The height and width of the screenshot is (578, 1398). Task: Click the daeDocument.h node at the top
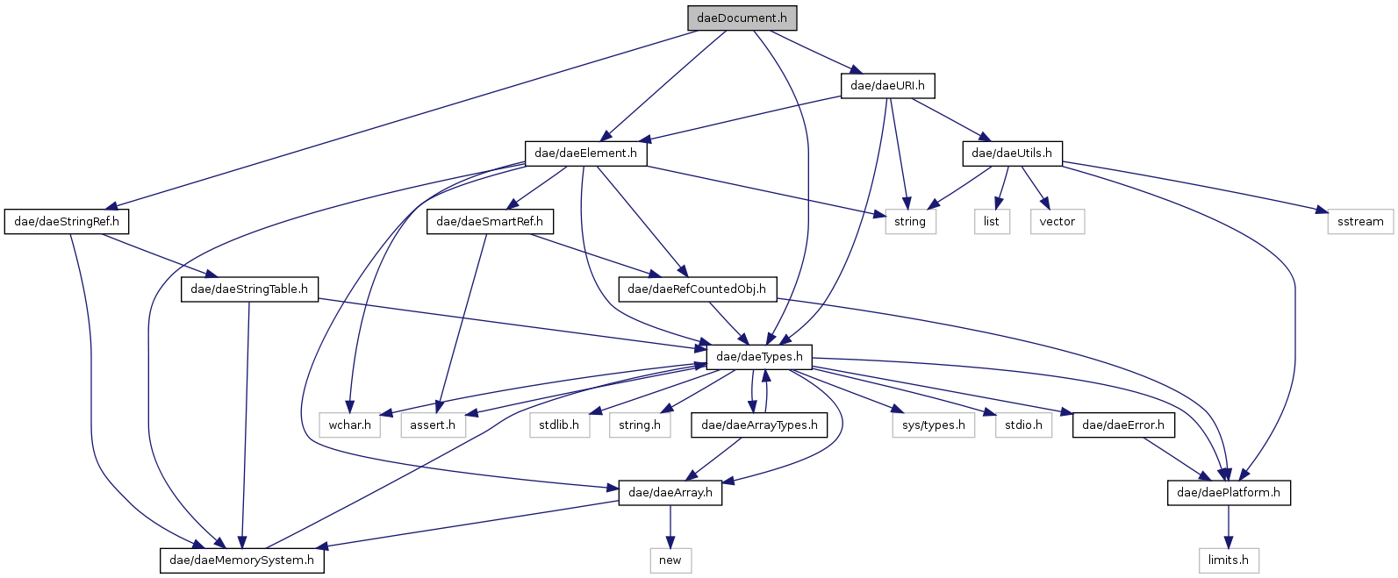click(742, 18)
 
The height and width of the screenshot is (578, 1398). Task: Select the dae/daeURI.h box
click(887, 85)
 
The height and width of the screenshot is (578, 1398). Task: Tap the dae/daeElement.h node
click(585, 153)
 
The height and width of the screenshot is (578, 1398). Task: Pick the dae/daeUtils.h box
click(1012, 153)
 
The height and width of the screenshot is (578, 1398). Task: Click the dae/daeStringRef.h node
click(67, 221)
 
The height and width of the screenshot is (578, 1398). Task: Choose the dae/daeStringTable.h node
click(249, 289)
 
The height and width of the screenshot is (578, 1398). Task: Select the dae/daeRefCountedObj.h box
click(697, 289)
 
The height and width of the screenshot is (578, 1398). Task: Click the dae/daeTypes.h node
click(759, 356)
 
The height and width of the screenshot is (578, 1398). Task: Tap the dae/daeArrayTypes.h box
click(759, 425)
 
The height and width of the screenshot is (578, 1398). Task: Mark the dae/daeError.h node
click(1123, 425)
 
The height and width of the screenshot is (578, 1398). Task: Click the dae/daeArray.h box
click(670, 492)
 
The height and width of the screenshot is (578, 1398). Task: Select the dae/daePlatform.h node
click(1228, 492)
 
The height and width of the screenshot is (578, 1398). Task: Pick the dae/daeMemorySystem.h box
click(241, 560)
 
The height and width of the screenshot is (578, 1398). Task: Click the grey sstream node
click(1360, 221)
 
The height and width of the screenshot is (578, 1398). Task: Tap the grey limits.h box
click(1228, 560)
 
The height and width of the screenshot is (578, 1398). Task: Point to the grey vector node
click(1057, 221)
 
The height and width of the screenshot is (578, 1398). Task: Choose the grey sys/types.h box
click(933, 425)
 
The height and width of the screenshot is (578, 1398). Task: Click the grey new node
click(670, 560)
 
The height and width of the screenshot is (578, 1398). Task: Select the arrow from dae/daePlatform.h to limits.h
click(1228, 526)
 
